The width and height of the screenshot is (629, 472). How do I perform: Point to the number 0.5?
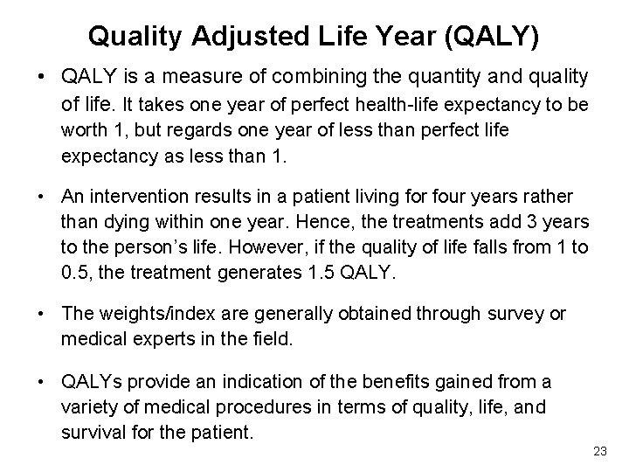75,273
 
